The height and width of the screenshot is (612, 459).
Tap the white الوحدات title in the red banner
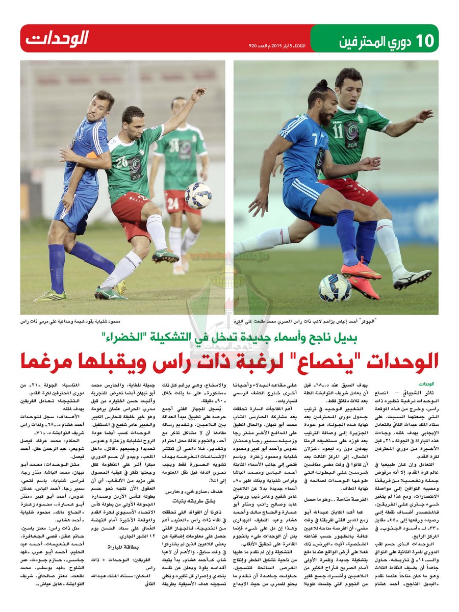(x=58, y=38)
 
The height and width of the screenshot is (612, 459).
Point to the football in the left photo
(x=198, y=195)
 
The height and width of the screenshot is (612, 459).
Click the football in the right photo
(x=335, y=288)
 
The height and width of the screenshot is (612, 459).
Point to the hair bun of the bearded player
(x=322, y=83)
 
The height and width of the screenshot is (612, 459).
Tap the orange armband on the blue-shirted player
(x=92, y=155)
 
